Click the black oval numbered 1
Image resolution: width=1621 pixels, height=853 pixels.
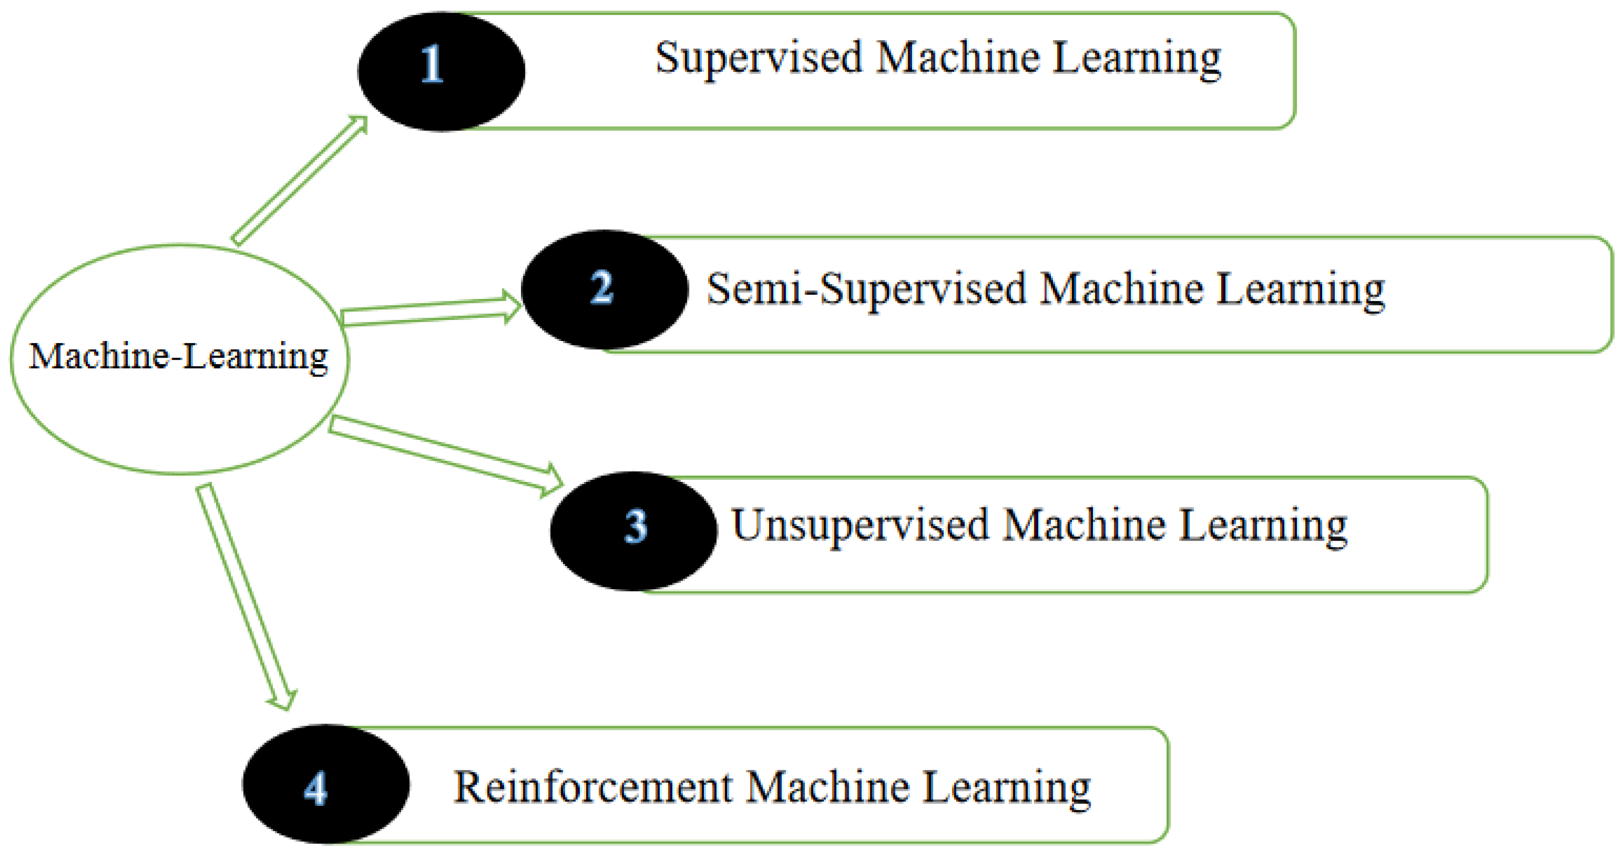pos(441,71)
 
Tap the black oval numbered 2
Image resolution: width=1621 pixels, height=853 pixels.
pos(604,289)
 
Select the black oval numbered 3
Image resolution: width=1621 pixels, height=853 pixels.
pos(633,531)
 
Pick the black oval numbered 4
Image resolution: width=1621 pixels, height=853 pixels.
pos(326,784)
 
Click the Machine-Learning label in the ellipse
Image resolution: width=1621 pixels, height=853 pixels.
pos(178,357)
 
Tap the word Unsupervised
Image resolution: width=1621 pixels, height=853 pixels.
pos(859,526)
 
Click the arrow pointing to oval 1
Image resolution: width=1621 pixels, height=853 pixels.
pos(299,180)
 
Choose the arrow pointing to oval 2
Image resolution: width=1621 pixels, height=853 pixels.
pos(431,311)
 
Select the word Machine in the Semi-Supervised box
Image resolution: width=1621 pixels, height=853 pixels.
pos(1121,289)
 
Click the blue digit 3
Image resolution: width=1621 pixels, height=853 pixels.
pos(636,527)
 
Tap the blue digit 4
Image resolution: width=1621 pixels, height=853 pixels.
pos(316,789)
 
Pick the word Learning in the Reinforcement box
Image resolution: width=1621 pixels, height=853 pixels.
pos(1006,789)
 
